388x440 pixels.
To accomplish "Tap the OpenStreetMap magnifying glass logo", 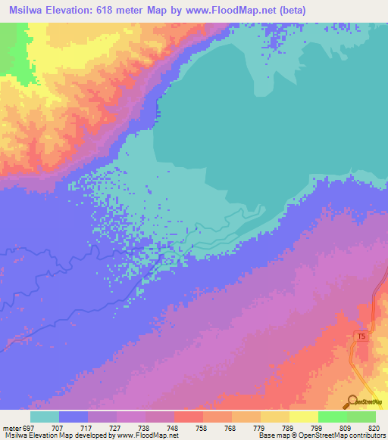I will (352, 403).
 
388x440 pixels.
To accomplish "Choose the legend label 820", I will (371, 428).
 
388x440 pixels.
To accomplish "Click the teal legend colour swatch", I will (45, 417).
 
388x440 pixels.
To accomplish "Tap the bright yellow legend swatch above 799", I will (303, 417).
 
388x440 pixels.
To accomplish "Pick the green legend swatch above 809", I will (332, 417).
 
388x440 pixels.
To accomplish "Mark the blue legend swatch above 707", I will (74, 417).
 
